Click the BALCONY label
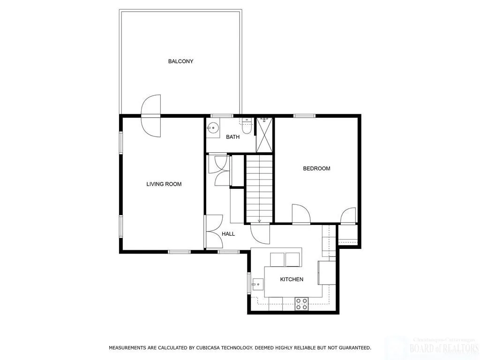tap(180, 61)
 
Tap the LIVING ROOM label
tap(164, 184)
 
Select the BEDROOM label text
tap(316, 169)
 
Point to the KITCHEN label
tap(292, 279)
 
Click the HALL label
tap(228, 234)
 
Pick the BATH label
tap(232, 137)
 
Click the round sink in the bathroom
tap(214, 127)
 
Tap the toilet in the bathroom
tap(247, 126)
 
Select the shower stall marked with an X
tap(263, 135)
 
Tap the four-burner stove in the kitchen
tap(301, 304)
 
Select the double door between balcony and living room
tap(151, 115)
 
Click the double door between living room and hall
tap(213, 232)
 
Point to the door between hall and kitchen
tap(260, 232)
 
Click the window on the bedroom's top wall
tap(304, 115)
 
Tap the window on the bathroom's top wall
tap(222, 116)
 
